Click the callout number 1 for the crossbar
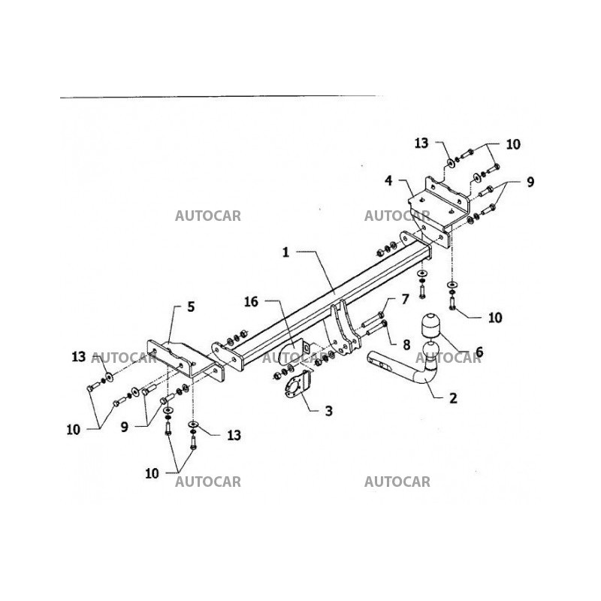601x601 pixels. click(x=286, y=254)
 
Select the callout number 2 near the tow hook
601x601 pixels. click(x=453, y=398)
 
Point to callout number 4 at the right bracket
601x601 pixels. click(x=388, y=180)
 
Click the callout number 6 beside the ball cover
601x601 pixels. click(x=479, y=351)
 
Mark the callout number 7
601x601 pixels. click(x=404, y=300)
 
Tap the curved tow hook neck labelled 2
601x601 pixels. click(x=421, y=372)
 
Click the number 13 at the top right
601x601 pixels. click(x=421, y=142)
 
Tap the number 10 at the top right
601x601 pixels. click(x=513, y=143)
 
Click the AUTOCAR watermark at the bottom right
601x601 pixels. click(x=397, y=482)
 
